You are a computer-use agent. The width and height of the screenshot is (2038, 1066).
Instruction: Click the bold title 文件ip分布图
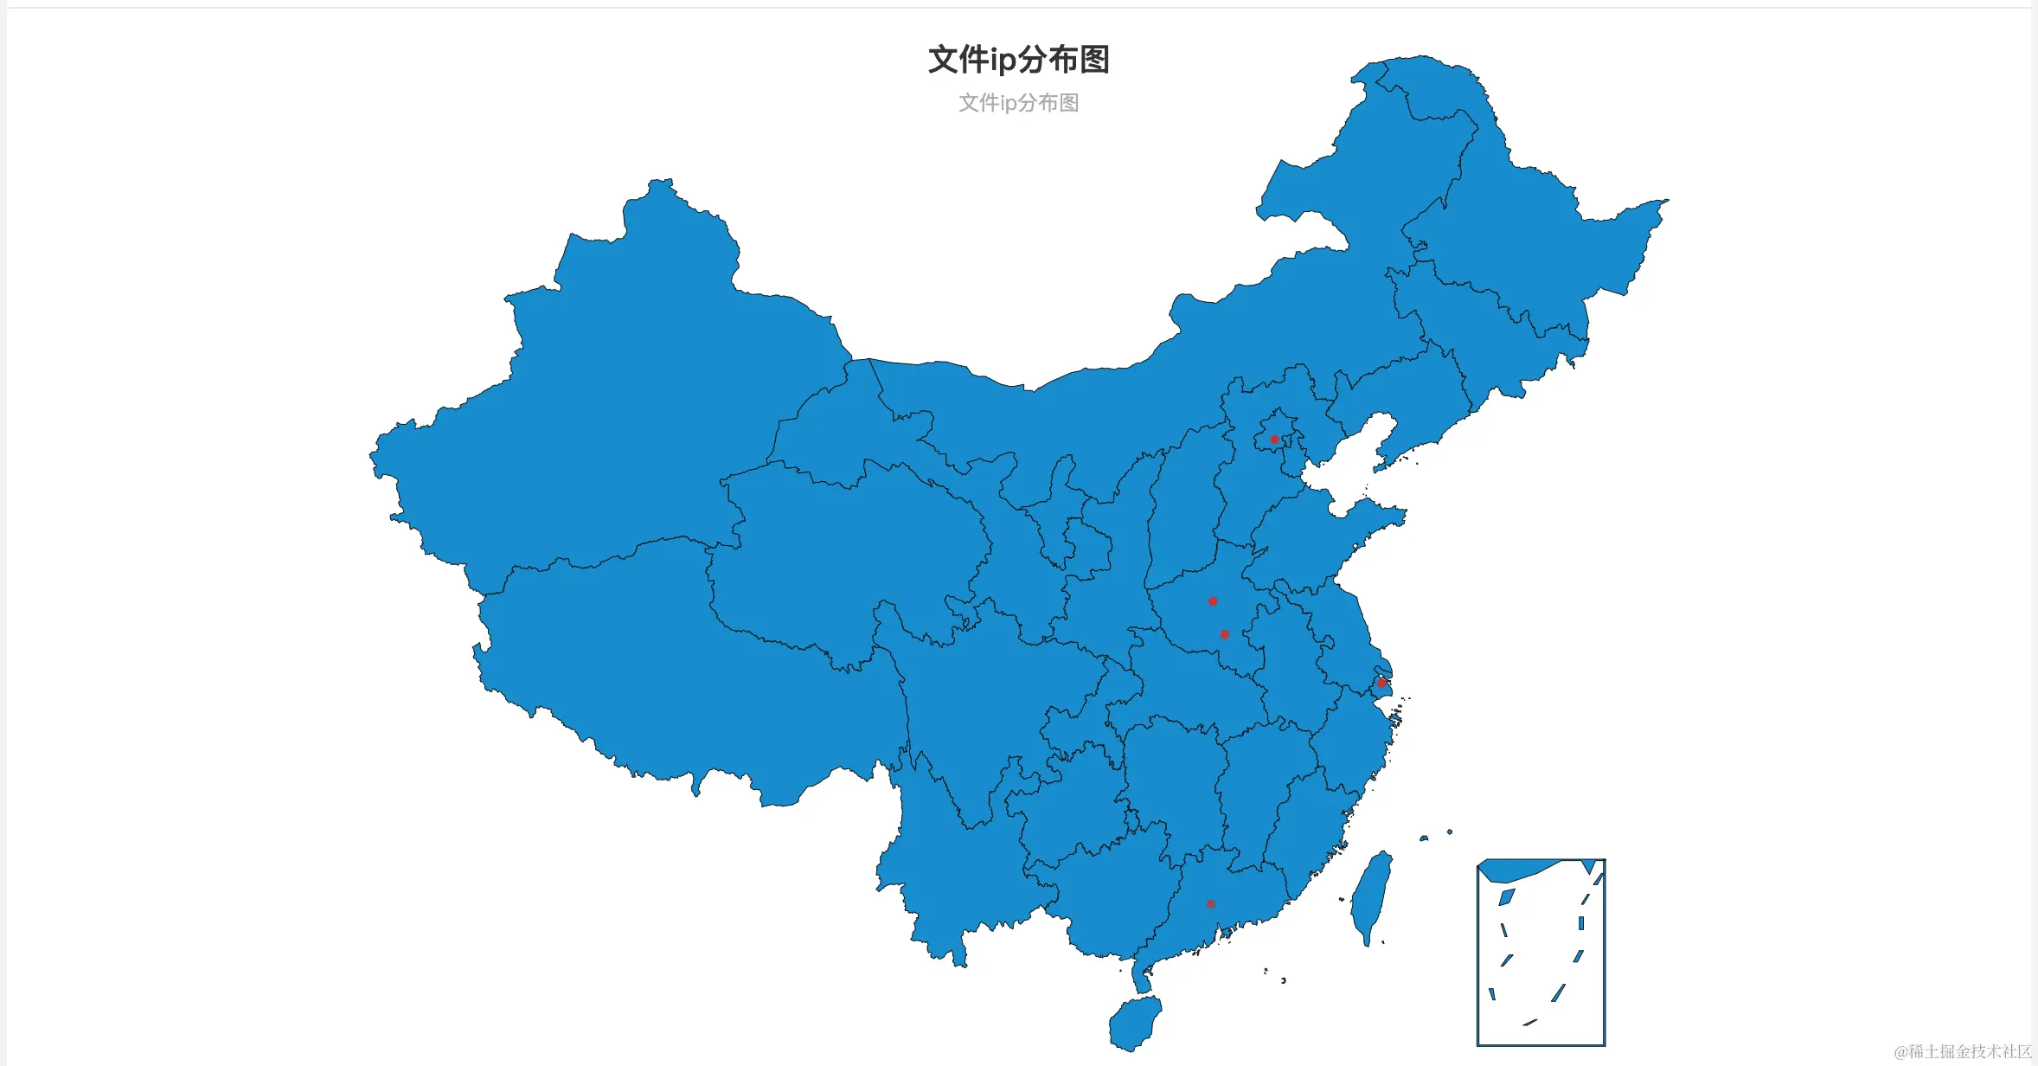(x=1018, y=60)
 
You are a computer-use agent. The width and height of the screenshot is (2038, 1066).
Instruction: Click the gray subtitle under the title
(x=1018, y=103)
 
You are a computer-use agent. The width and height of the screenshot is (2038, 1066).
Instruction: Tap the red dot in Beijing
(x=1274, y=440)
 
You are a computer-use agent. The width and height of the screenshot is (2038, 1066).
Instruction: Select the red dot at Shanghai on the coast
(x=1381, y=683)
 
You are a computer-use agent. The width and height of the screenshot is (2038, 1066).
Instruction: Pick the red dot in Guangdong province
(x=1211, y=904)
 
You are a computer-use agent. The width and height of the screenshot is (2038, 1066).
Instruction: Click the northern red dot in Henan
(x=1213, y=601)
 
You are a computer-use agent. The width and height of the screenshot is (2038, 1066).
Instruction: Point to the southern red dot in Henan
(x=1224, y=634)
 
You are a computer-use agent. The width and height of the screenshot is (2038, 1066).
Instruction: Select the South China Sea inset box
(x=1541, y=952)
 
